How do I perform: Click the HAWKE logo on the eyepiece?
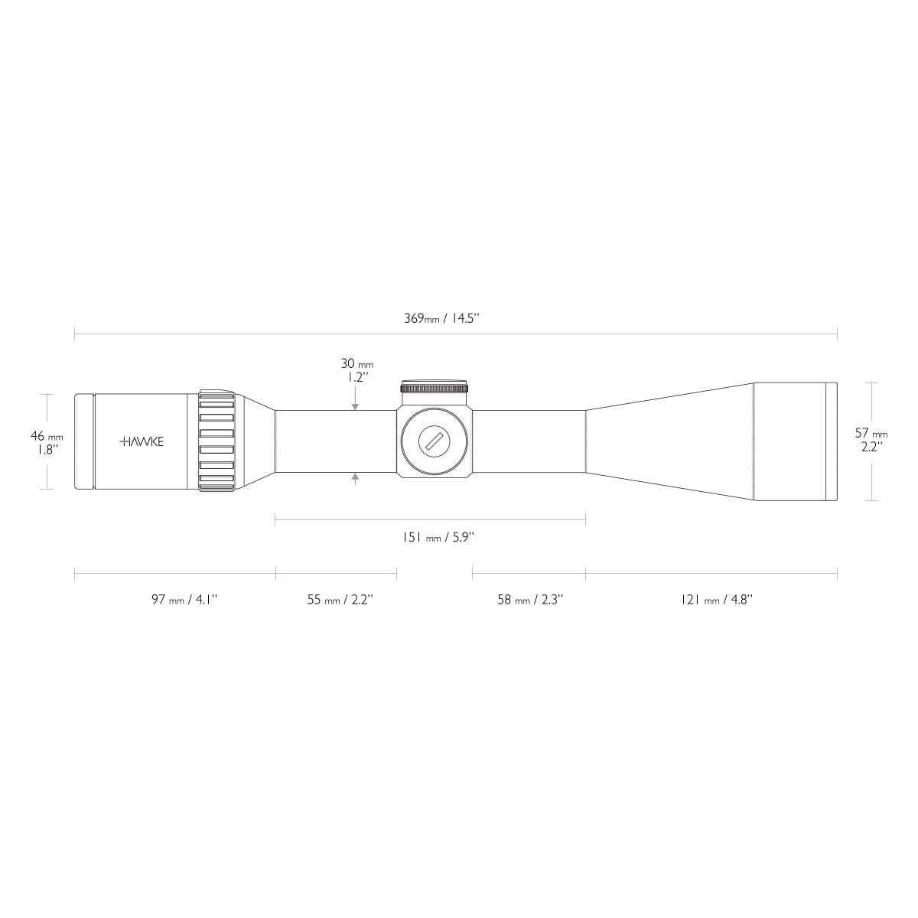tap(141, 441)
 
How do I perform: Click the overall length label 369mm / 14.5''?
tap(441, 318)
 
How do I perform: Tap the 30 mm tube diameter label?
tap(357, 364)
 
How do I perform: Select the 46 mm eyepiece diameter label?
tap(47, 435)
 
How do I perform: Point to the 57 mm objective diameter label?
tap(871, 434)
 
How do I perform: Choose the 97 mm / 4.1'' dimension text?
tap(184, 599)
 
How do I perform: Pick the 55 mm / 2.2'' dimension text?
tap(340, 599)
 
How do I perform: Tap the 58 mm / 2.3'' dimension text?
tap(530, 599)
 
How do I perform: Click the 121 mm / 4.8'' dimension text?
tap(717, 599)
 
